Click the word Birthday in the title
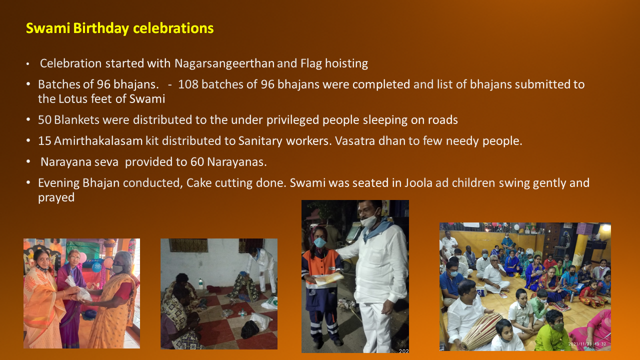pyautogui.click(x=101, y=28)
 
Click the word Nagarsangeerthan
pyautogui.click(x=224, y=63)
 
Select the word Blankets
pyautogui.click(x=76, y=120)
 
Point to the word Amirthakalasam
pyautogui.click(x=98, y=141)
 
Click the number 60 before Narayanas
pyautogui.click(x=197, y=162)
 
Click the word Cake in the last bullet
pyautogui.click(x=199, y=183)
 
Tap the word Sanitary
pyautogui.click(x=260, y=141)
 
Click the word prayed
pyautogui.click(x=56, y=197)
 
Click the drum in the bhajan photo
pyautogui.click(x=481, y=331)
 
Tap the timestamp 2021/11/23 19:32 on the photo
pyautogui.click(x=587, y=344)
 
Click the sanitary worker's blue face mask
pyautogui.click(x=319, y=242)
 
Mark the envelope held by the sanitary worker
pyautogui.click(x=328, y=279)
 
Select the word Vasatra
pyautogui.click(x=354, y=141)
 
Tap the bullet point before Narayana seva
pyautogui.click(x=28, y=161)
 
